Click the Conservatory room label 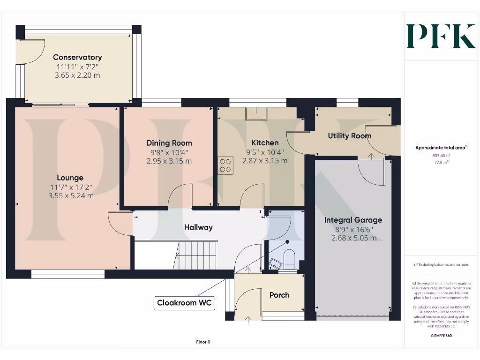(77, 57)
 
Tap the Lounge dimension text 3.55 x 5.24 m (71, 195)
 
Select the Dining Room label (169, 143)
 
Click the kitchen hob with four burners (225, 165)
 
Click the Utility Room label (349, 136)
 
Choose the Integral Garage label (353, 220)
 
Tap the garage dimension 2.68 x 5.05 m (353, 238)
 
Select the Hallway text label (198, 227)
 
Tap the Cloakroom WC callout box (184, 303)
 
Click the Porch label (279, 295)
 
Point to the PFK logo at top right (441, 37)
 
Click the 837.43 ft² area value (441, 155)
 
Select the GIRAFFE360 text (441, 336)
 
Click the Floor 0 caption (203, 342)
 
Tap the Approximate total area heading (441, 148)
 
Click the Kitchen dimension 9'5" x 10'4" (265, 152)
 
